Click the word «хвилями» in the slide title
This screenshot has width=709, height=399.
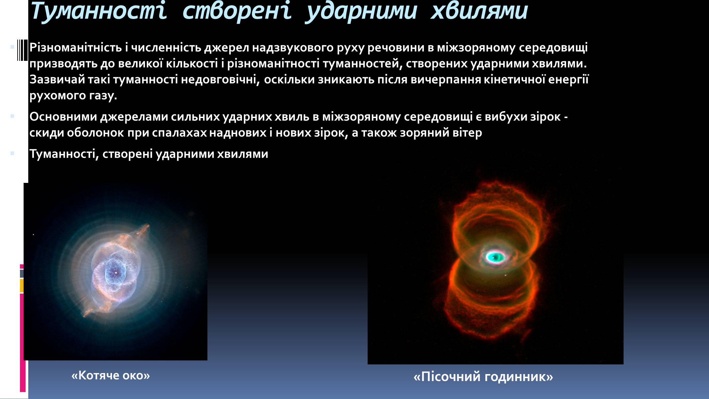pyautogui.click(x=479, y=11)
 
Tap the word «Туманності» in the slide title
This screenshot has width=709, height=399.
pyautogui.click(x=98, y=11)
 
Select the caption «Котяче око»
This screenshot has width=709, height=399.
pyautogui.click(x=111, y=375)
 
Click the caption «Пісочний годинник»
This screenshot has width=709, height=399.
pyautogui.click(x=483, y=377)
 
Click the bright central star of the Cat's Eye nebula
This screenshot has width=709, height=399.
pyautogui.click(x=115, y=273)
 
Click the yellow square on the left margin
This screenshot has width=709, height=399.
pyautogui.click(x=22, y=286)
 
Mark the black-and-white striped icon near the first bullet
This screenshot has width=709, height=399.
pyautogui.click(x=22, y=50)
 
